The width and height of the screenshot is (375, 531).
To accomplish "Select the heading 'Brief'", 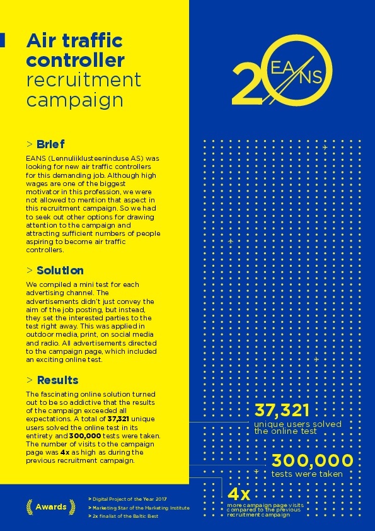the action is point(50,144).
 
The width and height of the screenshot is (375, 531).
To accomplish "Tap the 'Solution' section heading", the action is point(60,271).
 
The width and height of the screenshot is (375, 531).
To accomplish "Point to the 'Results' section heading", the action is point(57,380).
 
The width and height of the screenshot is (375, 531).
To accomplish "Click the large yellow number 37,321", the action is point(281,411).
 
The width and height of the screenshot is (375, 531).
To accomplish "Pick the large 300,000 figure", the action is point(312,461).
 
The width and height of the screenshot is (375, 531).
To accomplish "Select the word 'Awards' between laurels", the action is point(50,507).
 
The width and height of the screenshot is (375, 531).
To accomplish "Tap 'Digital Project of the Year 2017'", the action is point(129,498).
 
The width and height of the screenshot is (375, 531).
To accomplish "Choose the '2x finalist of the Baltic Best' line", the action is point(124,516).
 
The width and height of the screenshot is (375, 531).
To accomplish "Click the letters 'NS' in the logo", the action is point(311,77).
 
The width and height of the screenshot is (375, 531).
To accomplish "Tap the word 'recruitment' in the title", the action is point(83,80).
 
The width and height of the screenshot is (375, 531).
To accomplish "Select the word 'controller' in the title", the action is point(76,61).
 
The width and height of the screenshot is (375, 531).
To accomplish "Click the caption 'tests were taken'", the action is point(307,474).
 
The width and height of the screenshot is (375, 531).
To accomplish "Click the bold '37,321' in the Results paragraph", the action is point(120,418).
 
